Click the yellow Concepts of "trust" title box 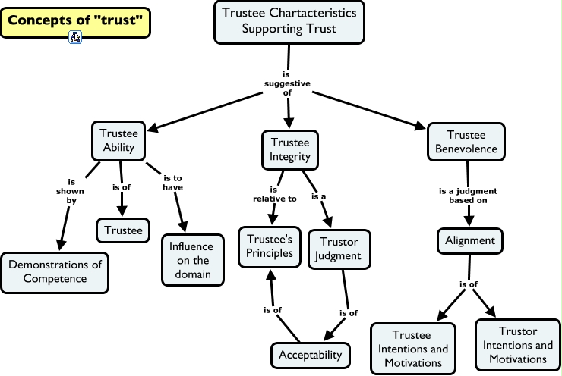[75, 20]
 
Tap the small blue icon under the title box [75, 37]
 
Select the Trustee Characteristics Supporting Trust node [289, 21]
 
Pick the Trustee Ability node [118, 139]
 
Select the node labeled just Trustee [124, 230]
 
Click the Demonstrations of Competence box [54, 271]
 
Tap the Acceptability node [310, 354]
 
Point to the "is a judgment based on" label [468, 196]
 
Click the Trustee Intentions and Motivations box [412, 349]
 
